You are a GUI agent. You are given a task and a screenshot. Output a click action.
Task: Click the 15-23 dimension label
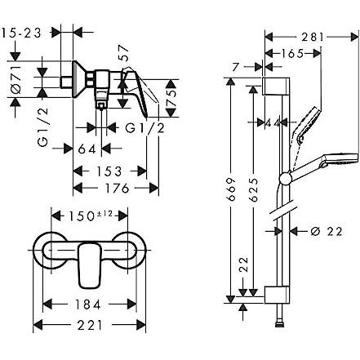(21, 33)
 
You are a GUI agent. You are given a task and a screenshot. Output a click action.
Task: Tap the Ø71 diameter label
(16, 79)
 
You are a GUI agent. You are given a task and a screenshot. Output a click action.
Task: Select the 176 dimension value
(118, 188)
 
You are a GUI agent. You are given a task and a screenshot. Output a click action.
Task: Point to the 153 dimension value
(110, 171)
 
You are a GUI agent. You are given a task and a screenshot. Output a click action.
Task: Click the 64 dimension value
(87, 149)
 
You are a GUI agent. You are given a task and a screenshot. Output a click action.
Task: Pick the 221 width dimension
(90, 325)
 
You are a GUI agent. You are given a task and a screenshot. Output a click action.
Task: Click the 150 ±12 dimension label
(90, 216)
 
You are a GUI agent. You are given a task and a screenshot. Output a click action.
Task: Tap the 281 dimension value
(313, 37)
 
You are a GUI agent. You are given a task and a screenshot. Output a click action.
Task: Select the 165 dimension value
(291, 53)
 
